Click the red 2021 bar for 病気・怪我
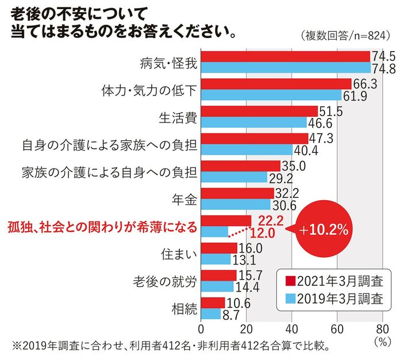285,56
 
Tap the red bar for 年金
237,193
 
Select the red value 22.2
271,221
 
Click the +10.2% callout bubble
324,231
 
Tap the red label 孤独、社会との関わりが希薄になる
102,227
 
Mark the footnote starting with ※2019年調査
172,347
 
